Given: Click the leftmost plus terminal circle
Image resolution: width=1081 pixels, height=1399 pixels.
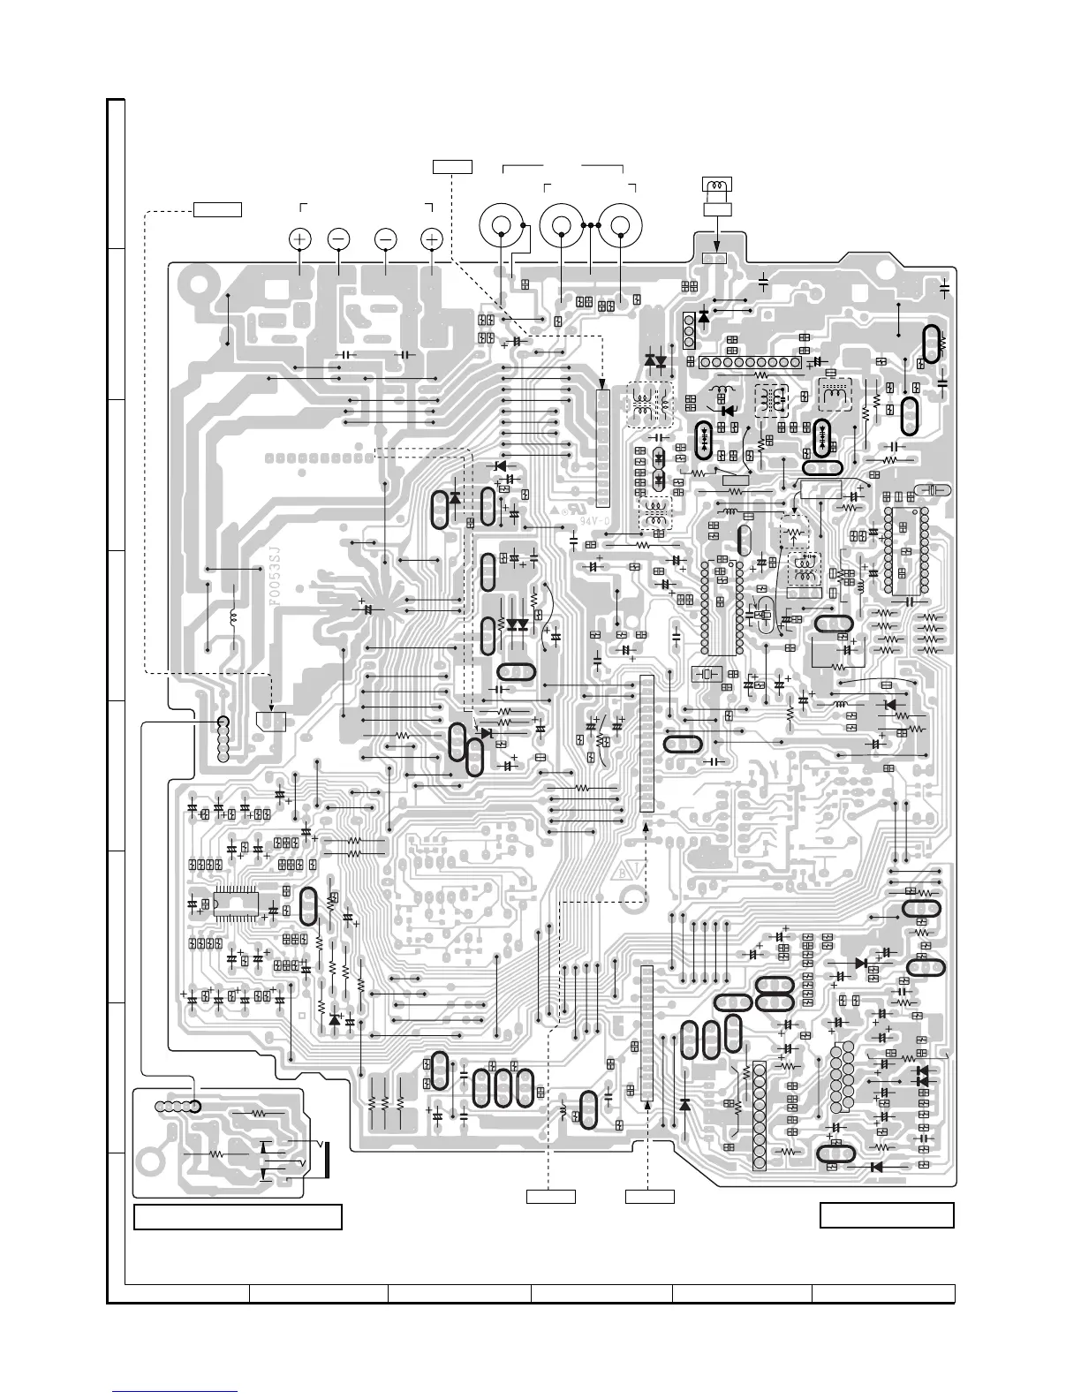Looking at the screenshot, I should pyautogui.click(x=300, y=238).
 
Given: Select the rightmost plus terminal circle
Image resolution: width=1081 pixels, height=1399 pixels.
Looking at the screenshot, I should pyautogui.click(x=432, y=238).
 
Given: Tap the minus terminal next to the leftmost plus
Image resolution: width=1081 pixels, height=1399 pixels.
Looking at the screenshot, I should pyautogui.click(x=339, y=238).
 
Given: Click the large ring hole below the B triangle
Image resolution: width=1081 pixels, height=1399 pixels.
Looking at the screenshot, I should pyautogui.click(x=632, y=901).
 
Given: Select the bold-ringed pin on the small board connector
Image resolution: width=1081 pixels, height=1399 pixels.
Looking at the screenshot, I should pyautogui.click(x=194, y=1107).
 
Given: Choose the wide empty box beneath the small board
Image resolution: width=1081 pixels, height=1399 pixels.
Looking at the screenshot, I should pyautogui.click(x=238, y=1216).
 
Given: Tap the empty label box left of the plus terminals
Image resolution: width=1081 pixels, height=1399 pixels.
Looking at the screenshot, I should pyautogui.click(x=218, y=208).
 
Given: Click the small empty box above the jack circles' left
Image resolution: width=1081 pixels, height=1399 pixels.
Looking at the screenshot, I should pyautogui.click(x=452, y=166).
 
